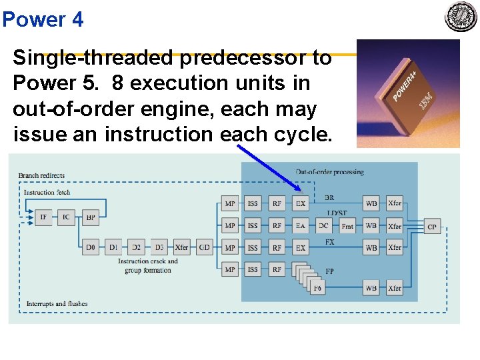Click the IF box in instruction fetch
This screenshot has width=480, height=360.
click(x=43, y=217)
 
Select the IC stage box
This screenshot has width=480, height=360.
click(x=66, y=217)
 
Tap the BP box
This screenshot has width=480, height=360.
click(x=91, y=217)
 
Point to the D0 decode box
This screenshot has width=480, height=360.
click(x=91, y=247)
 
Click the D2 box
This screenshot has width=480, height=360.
click(x=135, y=247)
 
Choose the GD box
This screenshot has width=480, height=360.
click(x=205, y=247)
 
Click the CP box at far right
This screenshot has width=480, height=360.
click(x=432, y=227)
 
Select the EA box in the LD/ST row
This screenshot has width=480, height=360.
click(x=301, y=226)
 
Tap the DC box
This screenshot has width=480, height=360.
click(x=323, y=226)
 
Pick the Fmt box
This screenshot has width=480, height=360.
click(x=347, y=226)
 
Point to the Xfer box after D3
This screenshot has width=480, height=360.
click(x=181, y=247)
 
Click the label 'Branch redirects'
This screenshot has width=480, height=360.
click(x=42, y=176)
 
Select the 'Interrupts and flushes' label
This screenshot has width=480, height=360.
click(x=57, y=304)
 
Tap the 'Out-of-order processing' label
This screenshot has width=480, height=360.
click(x=329, y=172)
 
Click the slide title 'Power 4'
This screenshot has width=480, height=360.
click(x=43, y=19)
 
